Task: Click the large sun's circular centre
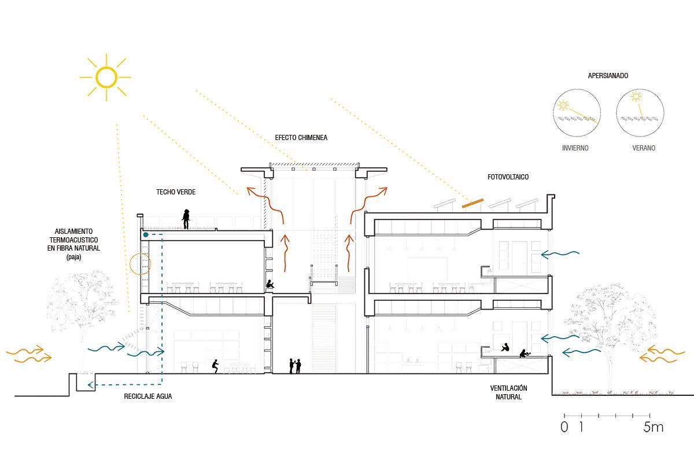coord(106,77)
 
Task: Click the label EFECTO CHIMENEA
coord(301,138)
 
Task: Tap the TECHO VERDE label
coord(176,192)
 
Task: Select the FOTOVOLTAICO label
coord(508,177)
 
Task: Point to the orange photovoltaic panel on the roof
coord(473,203)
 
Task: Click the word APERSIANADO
coord(608,76)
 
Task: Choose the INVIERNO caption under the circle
coord(575,148)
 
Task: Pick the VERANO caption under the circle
coord(644,148)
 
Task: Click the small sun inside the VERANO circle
coord(636,97)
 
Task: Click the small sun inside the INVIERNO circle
coord(563,105)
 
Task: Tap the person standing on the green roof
coord(186,219)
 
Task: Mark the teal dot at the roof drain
coord(146,235)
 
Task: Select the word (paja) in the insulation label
coord(74,257)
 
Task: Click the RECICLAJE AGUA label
coord(148,396)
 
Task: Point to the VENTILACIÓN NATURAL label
coord(508,392)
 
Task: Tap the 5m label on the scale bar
coord(653,427)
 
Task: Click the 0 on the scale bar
coord(564,427)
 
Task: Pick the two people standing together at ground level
coord(295,366)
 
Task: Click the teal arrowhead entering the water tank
coord(90,385)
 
